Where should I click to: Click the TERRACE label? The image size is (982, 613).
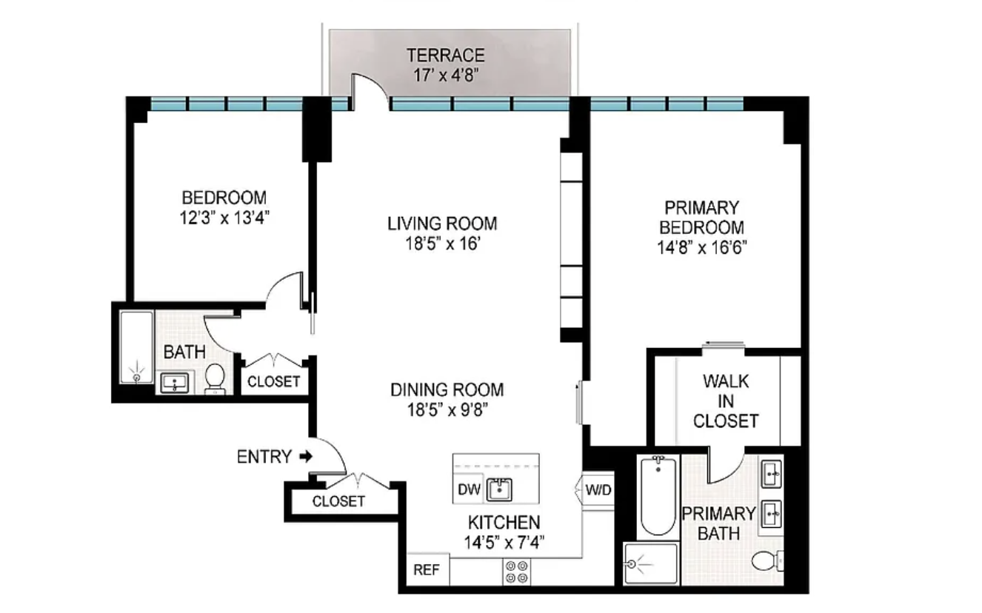[445, 56]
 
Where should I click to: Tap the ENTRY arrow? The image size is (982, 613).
[306, 457]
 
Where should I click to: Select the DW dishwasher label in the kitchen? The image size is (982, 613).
[469, 489]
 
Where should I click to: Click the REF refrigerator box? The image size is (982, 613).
[428, 569]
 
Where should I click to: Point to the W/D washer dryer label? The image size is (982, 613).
[598, 490]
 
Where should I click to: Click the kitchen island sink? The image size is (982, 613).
[499, 489]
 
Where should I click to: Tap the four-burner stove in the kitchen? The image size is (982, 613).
[516, 572]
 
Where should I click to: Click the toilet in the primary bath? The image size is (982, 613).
[767, 561]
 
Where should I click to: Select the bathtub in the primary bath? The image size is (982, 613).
[658, 495]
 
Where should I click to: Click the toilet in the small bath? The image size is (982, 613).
[215, 378]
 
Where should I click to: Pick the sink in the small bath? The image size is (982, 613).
[175, 383]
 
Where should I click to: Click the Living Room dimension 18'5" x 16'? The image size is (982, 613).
[443, 244]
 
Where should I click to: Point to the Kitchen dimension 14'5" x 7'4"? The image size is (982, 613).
[504, 543]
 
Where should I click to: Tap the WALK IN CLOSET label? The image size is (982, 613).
[726, 401]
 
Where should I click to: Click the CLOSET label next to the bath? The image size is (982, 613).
[273, 382]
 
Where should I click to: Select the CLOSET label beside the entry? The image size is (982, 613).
[338, 500]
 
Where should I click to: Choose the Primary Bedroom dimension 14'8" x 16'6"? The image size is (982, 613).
[702, 248]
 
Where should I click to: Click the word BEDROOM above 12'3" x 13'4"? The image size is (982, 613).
[224, 198]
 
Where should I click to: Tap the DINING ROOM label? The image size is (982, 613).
[447, 389]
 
